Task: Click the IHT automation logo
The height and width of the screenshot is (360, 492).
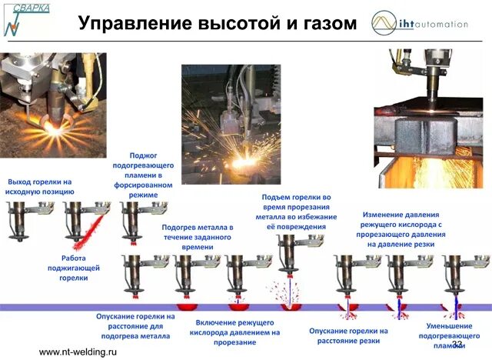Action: pos(418,22)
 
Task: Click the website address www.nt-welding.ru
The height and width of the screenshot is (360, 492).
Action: pos(78,352)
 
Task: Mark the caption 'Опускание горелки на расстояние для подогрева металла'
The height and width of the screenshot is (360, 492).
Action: pos(135,325)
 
